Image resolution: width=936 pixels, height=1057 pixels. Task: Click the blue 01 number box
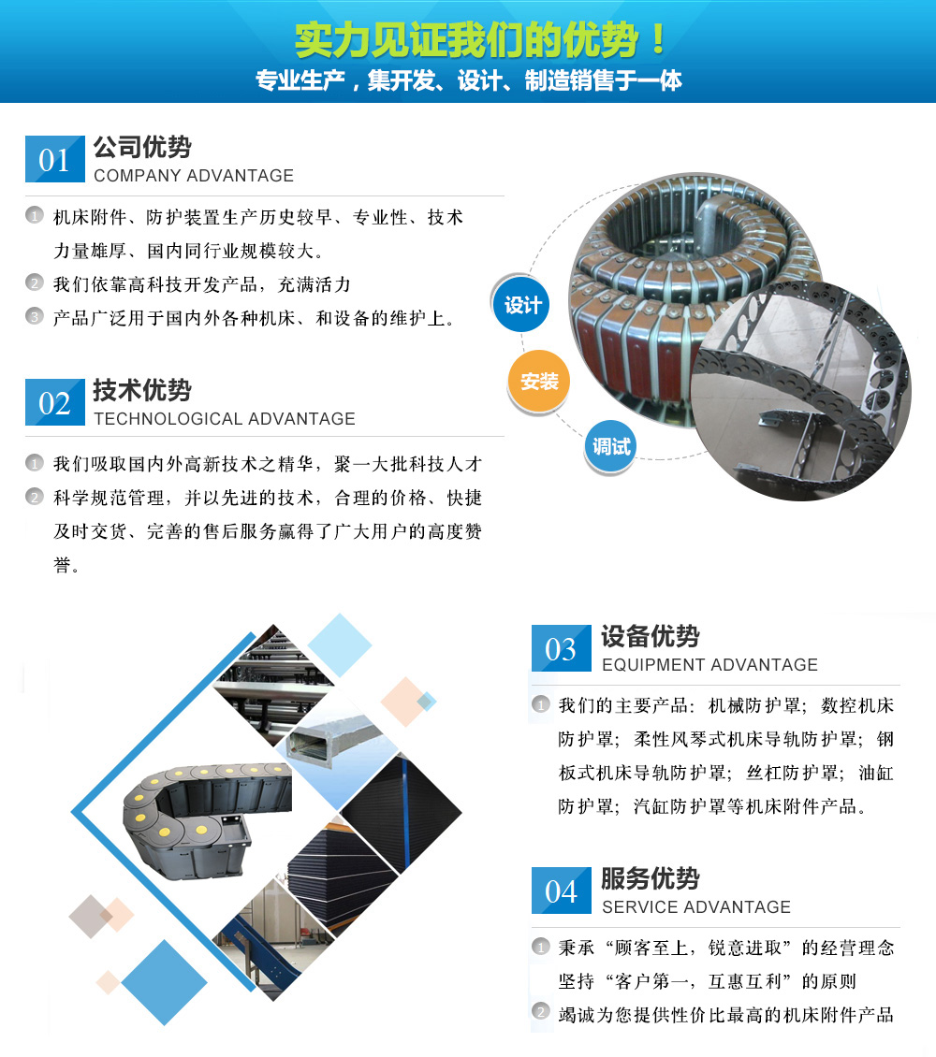[x=54, y=159]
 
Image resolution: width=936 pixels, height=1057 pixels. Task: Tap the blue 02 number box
[x=54, y=402]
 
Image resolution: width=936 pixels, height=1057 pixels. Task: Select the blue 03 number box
[x=561, y=648]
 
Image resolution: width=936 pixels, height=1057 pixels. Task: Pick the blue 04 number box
[x=561, y=890]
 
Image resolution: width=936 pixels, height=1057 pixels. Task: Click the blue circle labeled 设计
[x=522, y=305]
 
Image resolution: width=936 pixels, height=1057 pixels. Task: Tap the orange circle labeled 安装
[x=539, y=382]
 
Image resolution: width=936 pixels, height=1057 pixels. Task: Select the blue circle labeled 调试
[x=610, y=445]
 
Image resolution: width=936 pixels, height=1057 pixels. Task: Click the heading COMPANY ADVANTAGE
[x=194, y=175]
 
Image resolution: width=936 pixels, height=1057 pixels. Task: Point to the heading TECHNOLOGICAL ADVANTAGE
[x=224, y=419]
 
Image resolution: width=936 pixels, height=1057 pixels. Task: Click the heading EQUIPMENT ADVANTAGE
[x=709, y=665]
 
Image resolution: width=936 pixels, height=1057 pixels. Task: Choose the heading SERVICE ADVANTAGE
[x=696, y=906]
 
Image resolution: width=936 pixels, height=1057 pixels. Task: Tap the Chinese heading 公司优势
[x=142, y=147]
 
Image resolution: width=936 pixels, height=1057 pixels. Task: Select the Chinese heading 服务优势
[x=651, y=878]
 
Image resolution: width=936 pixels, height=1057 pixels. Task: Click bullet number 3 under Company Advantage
[x=35, y=316]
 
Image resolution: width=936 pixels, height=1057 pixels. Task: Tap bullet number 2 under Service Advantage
[x=541, y=1012]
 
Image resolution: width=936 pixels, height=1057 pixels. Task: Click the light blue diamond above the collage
[x=340, y=644]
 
